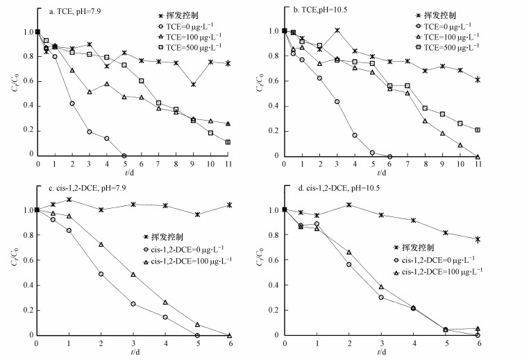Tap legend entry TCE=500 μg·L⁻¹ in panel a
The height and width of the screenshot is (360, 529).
point(196,47)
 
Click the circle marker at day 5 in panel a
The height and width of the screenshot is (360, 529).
point(124,155)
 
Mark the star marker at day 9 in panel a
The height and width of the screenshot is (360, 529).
point(193,85)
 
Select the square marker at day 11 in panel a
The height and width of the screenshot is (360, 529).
point(228,142)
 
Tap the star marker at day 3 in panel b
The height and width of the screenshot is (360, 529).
point(337,31)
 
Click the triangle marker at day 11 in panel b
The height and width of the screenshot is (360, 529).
point(478,156)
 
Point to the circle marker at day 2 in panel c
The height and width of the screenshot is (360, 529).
point(101,274)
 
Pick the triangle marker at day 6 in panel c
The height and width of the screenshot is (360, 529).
point(229,335)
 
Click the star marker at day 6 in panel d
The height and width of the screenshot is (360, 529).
point(477,239)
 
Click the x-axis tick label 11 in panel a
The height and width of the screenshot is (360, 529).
point(228,164)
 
